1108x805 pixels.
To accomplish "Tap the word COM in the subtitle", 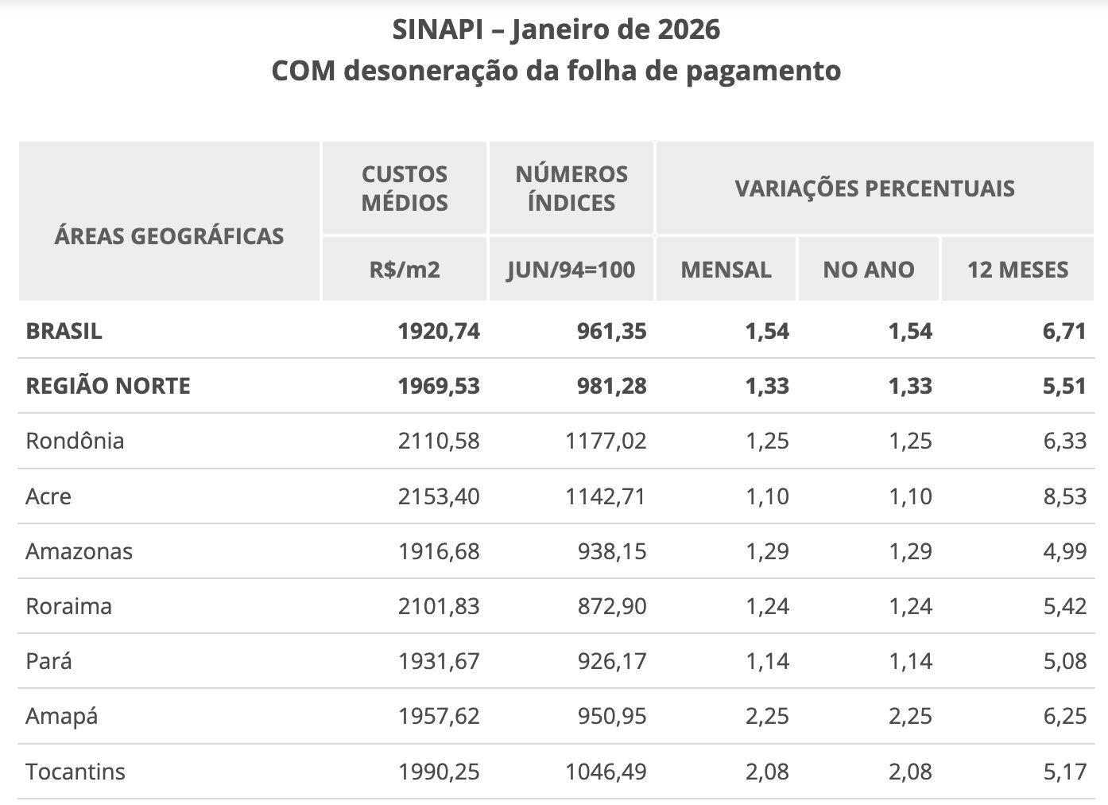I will [x=303, y=71].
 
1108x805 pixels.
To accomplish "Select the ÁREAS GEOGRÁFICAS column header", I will [x=169, y=236].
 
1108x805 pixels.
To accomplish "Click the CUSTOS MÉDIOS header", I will [x=405, y=189].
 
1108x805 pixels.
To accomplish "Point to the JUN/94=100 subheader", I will [x=571, y=270].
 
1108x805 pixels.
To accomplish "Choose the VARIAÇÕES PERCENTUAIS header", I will [x=874, y=189].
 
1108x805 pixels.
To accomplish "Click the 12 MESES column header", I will [x=1017, y=270].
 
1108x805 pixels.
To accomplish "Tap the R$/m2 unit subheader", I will [x=405, y=270].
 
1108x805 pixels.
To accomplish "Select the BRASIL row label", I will [x=64, y=331].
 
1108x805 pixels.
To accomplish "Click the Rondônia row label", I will [x=75, y=441].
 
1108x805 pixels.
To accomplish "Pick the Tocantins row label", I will [x=76, y=772].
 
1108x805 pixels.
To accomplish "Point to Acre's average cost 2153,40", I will [x=439, y=496].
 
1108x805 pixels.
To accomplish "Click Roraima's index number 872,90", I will [x=612, y=606].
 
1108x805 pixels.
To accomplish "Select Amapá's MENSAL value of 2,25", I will [x=767, y=716].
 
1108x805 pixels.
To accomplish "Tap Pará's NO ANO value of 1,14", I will [x=910, y=661].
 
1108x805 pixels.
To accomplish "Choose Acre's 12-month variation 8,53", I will [x=1064, y=496].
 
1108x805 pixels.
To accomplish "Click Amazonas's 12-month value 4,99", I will [x=1064, y=551].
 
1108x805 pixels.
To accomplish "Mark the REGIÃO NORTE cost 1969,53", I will [x=439, y=386].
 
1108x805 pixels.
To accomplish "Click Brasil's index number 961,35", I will [x=612, y=331].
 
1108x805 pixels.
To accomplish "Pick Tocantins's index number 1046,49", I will [x=606, y=772].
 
